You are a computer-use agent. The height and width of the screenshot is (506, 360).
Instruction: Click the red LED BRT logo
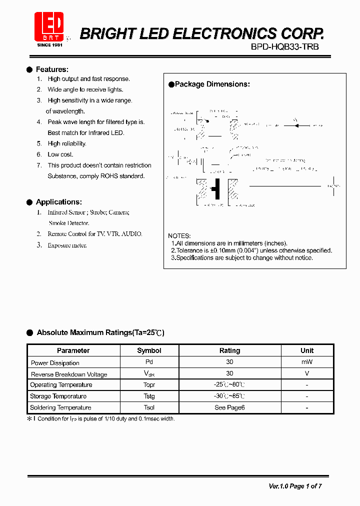(x=49, y=27)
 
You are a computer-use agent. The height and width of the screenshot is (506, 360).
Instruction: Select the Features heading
(x=52, y=69)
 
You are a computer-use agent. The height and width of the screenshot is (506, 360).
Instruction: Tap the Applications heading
(x=58, y=202)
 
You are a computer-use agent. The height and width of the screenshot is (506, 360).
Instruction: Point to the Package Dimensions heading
(x=212, y=84)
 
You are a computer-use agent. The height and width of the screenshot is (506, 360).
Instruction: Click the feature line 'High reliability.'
(x=67, y=143)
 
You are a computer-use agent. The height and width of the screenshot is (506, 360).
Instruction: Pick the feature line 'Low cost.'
(x=60, y=154)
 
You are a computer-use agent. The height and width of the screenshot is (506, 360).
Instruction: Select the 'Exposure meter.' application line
(x=67, y=245)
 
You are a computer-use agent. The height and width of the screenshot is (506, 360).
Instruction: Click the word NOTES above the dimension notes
(x=179, y=236)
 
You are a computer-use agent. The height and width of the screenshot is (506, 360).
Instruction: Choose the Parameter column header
(x=73, y=350)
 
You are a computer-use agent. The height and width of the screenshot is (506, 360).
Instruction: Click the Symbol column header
(x=149, y=350)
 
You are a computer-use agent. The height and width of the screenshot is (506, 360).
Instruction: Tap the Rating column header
(x=229, y=350)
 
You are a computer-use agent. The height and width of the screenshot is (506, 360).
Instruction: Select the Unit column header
(x=307, y=350)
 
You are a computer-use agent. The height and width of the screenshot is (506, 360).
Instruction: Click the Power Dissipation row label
(x=55, y=363)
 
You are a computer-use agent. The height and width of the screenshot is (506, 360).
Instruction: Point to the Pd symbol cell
(x=149, y=362)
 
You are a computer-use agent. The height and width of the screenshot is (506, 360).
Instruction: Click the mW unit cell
(x=307, y=362)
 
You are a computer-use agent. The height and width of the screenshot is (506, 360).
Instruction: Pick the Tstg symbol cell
(x=149, y=396)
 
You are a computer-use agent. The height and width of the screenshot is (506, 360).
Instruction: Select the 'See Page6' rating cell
(x=229, y=407)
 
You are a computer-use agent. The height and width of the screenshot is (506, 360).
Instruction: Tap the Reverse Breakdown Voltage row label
(x=69, y=374)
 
